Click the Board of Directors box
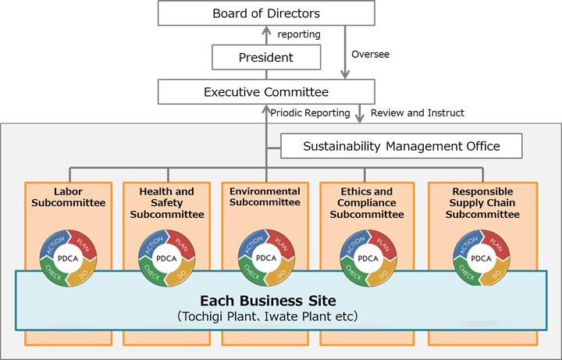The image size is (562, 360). (x=266, y=13)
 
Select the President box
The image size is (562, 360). (x=266, y=57)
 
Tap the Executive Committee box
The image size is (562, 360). (x=266, y=91)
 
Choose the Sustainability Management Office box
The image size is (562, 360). (x=401, y=145)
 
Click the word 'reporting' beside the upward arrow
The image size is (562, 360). (x=298, y=35)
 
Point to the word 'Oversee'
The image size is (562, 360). (x=370, y=54)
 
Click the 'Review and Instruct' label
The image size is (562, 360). (x=418, y=113)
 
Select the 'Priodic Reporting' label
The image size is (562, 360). (x=310, y=113)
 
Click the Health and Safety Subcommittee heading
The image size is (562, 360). (x=167, y=203)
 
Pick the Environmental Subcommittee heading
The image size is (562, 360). (x=265, y=197)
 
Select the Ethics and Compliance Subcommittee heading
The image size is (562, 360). (x=367, y=203)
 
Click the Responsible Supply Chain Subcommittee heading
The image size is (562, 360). (x=482, y=203)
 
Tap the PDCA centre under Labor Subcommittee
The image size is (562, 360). (x=67, y=258)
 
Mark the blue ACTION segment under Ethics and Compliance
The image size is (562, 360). (x=353, y=244)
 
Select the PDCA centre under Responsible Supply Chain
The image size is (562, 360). (x=481, y=258)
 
